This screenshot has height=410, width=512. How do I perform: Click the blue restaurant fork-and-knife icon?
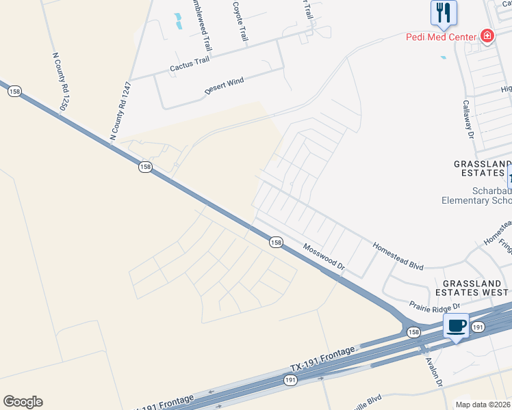[444, 12]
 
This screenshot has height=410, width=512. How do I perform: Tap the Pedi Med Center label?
[442, 36]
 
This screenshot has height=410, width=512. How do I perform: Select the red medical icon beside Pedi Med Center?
[487, 36]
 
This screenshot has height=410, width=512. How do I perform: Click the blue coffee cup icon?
[457, 326]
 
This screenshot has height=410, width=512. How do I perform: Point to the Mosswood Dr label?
[323, 260]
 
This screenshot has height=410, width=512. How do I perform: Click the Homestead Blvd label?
[398, 256]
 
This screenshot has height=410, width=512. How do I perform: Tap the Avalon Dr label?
[433, 372]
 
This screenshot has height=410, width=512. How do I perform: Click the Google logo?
[23, 402]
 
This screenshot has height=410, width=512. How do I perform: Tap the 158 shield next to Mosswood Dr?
[275, 242]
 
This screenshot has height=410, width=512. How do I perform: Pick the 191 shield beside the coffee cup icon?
[477, 328]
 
